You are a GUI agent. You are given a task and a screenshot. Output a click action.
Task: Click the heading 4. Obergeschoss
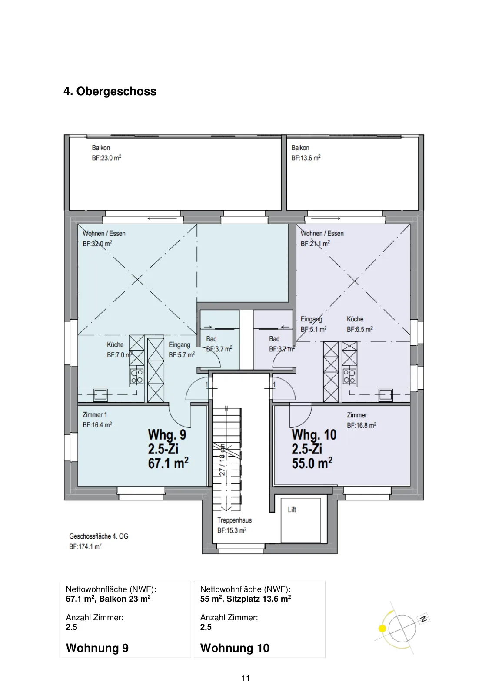point(110,91)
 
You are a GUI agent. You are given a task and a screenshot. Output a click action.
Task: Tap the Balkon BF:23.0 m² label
point(106,152)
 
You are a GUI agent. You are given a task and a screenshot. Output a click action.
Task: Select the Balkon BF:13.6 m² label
point(306,152)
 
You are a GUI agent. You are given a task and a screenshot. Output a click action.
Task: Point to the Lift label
point(292,510)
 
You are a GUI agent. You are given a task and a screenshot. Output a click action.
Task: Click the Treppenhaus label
point(234,520)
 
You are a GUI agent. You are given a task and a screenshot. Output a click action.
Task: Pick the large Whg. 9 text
point(167,434)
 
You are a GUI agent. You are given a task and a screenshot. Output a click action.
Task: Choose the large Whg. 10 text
point(314,435)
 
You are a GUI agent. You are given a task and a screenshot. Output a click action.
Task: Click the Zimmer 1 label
point(95,415)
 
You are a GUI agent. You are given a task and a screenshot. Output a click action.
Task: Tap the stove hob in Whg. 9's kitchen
point(136,376)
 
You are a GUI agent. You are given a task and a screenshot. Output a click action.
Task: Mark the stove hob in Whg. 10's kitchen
point(349,376)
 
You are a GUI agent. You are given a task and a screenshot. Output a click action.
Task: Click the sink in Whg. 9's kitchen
point(100,395)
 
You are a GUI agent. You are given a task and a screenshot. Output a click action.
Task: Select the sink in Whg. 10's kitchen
point(386,395)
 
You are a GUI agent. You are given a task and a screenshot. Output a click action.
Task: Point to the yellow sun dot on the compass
point(382,629)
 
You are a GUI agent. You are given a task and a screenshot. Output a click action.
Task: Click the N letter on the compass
point(423,619)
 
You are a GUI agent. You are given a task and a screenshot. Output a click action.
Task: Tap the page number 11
point(246,678)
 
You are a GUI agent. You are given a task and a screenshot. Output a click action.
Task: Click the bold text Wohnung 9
point(97,648)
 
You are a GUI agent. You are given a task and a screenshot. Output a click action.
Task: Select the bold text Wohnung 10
point(235,648)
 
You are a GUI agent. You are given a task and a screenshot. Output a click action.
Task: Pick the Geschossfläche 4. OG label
point(99,536)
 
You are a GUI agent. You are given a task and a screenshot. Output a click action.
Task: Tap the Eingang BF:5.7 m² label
point(182,350)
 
